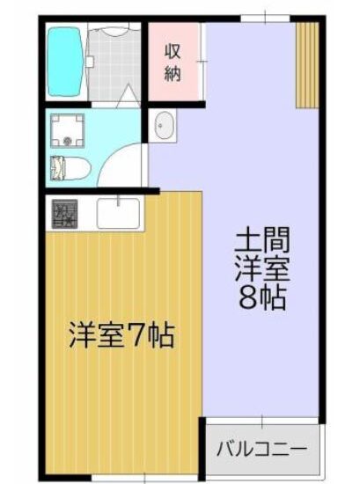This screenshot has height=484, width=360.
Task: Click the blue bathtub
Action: [x=65, y=62]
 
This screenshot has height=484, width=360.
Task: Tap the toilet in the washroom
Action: [x=70, y=169]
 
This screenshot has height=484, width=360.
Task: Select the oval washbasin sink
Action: [x=163, y=125]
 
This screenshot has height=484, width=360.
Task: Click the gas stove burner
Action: [x=64, y=214]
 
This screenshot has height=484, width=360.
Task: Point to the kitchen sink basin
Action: [x=118, y=213]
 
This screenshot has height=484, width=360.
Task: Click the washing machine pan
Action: [x=67, y=131]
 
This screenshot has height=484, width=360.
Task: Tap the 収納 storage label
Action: [x=173, y=62]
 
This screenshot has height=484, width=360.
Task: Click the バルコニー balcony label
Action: [x=261, y=449]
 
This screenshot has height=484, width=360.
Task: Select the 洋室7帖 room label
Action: [x=121, y=335]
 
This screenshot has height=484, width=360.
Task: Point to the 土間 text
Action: [x=261, y=239]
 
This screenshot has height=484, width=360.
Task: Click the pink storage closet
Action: [x=173, y=62]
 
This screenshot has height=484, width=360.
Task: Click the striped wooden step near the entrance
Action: [x=307, y=65]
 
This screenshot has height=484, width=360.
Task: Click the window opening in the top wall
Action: [x=265, y=18]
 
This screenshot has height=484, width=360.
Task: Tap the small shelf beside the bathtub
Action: [x=90, y=62]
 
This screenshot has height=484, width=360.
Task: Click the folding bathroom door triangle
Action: [x=129, y=96]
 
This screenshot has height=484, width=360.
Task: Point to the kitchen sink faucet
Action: [x=118, y=200]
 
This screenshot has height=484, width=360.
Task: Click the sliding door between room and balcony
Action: [x=261, y=421]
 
